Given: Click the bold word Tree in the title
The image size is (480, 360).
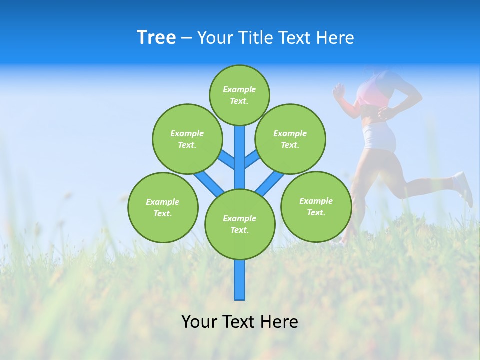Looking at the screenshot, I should (156, 37).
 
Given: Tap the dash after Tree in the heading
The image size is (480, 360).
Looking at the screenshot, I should (186, 38).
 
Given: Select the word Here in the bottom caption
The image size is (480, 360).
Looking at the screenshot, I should (280, 322).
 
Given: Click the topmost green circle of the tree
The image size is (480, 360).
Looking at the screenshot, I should (239, 95).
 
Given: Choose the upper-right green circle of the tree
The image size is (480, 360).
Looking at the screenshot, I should (290, 139).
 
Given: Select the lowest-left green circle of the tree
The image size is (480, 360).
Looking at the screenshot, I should (163, 207).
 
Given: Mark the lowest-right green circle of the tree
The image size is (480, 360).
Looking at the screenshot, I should (316, 206).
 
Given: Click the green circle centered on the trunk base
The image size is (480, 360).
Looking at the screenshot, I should (240, 224).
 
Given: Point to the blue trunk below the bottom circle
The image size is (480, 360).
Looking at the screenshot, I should (240, 280).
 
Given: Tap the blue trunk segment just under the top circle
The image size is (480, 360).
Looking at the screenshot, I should (240, 150).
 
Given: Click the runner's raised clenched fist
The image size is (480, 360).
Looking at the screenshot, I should (339, 91).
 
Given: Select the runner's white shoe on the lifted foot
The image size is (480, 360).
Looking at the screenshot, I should (464, 187).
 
